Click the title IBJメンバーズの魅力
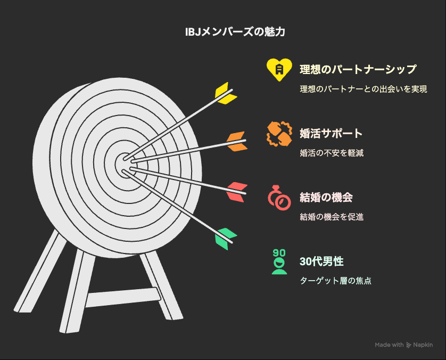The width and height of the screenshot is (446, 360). [235, 31]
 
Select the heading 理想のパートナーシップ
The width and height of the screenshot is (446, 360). [358, 69]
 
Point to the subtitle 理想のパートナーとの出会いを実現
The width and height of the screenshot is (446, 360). [363, 89]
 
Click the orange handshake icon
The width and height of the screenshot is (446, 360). [279, 134]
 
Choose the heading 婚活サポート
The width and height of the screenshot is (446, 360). [331, 134]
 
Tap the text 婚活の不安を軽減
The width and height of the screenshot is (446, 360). [332, 153]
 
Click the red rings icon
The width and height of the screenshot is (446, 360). [279, 198]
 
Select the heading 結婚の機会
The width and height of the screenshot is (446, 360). [326, 198]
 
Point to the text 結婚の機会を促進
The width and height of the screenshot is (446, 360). [332, 217]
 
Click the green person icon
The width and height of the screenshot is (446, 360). [279, 262]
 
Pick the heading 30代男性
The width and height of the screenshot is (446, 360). [321, 261]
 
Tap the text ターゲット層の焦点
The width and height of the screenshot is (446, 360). [336, 281]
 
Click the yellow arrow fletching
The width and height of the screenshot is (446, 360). [226, 93]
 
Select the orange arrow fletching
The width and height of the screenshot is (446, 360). [237, 141]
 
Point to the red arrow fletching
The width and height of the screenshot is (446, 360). [237, 192]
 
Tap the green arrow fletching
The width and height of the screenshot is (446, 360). [226, 239]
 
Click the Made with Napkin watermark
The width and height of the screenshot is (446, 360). [404, 345]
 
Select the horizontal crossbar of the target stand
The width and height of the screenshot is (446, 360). [123, 297]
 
